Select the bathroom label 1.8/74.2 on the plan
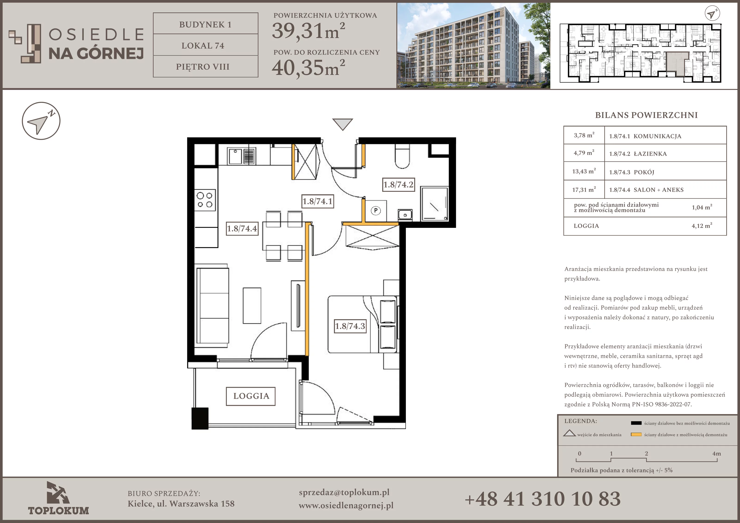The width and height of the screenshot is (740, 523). [x=398, y=184]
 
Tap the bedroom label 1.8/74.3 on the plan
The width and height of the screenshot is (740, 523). [x=350, y=326]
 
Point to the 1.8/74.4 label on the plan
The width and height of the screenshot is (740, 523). [x=242, y=228]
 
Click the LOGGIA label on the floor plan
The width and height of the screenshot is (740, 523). [x=251, y=396]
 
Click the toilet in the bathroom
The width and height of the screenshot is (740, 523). [x=402, y=156]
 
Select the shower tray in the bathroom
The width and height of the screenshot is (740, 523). [x=434, y=204]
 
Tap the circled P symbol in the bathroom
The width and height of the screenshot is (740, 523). [x=376, y=210]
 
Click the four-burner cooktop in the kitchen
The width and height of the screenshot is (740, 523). [x=205, y=200]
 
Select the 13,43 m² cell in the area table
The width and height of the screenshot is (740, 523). [x=584, y=171]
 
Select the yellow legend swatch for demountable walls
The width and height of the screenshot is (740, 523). [x=636, y=434]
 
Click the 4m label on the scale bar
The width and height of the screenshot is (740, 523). [x=716, y=453]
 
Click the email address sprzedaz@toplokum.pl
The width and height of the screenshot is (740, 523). [x=344, y=492]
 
